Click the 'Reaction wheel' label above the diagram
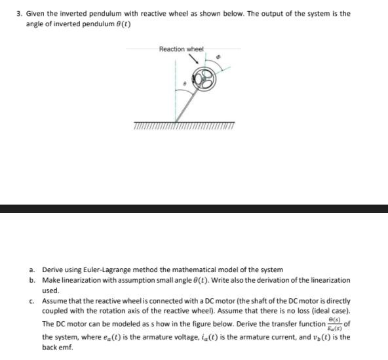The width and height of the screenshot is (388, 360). point(182,49)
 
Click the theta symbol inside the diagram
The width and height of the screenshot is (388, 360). point(185,84)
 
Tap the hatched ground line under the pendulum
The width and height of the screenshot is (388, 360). point(184,125)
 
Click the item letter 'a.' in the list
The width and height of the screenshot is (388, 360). point(32,270)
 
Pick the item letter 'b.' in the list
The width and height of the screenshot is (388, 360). point(32,280)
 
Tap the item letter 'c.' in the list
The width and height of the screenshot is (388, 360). point(32,301)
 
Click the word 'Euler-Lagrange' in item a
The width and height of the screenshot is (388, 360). point(108,270)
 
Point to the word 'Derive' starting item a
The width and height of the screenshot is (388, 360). point(53,270)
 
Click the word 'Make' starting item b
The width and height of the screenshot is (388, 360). point(52,280)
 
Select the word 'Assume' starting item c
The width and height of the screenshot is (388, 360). point(55,301)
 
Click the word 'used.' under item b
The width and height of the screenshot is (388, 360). point(50,290)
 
